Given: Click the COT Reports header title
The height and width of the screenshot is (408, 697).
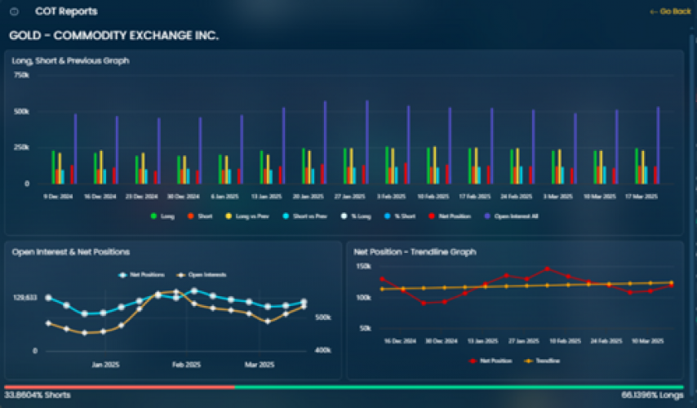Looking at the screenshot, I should coord(66,11).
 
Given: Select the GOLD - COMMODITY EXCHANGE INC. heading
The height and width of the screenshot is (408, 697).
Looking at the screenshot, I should coord(113,36).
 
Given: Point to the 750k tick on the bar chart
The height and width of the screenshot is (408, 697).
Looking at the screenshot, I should coord(22,75).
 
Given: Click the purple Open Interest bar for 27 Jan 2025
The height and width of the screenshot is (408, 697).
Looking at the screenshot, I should coord(367,142).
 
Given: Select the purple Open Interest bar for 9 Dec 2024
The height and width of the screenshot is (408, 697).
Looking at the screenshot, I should coord(75,149).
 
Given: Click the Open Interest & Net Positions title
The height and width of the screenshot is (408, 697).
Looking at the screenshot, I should coord(71,252).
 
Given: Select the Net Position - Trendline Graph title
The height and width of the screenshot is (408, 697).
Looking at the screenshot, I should coord(415,252).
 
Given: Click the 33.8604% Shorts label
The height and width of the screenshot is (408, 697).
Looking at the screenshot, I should coord(38,395).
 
